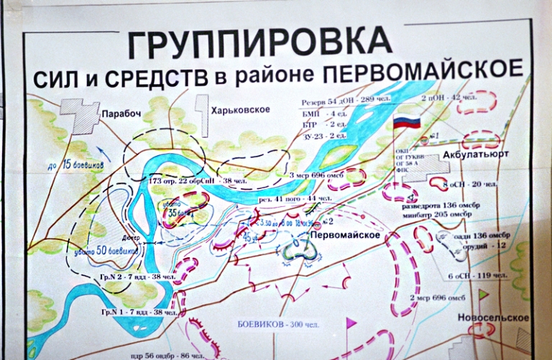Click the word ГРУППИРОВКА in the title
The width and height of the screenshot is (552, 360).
coord(260,45)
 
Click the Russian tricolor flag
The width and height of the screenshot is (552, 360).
coord(406,121)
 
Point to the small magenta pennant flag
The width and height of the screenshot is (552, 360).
coord(351,323)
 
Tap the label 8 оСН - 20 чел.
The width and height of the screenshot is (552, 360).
coord(471,185)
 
